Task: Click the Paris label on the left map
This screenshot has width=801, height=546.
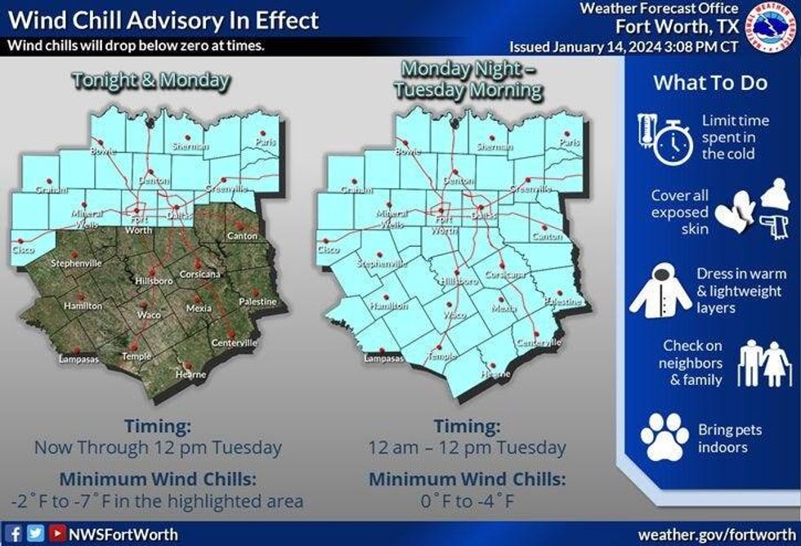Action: [x=262, y=142]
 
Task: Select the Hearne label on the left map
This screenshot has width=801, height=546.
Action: [x=190, y=374]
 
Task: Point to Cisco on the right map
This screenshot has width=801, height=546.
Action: [x=328, y=248]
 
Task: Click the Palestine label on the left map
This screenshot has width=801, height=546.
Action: [x=257, y=302]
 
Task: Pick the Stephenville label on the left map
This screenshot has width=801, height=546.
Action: [x=77, y=264]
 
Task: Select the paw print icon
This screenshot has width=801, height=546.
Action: [x=664, y=436]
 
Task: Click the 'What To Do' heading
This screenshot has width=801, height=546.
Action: [x=709, y=83]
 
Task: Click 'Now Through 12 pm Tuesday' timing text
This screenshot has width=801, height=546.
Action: [x=158, y=448]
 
